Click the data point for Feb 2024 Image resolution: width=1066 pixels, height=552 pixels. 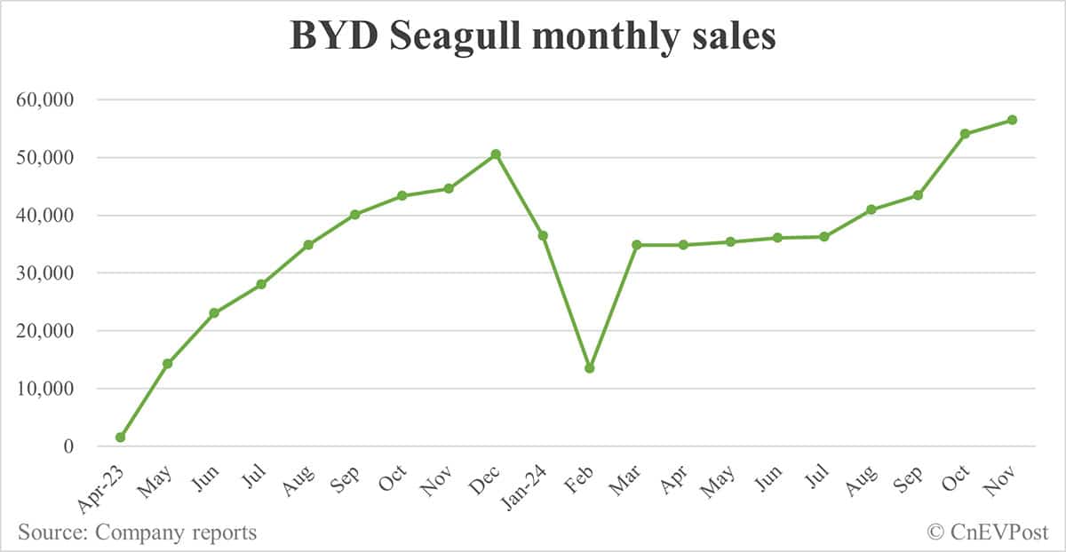pyautogui.click(x=589, y=367)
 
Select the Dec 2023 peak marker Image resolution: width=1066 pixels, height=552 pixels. pyautogui.click(x=496, y=154)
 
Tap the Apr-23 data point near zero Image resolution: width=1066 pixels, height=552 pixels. pyautogui.click(x=120, y=438)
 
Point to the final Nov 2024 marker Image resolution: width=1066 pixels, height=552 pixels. pyautogui.click(x=1012, y=120)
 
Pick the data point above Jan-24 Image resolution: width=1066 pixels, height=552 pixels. pyautogui.click(x=543, y=235)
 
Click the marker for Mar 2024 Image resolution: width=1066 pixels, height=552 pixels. pyautogui.click(x=636, y=244)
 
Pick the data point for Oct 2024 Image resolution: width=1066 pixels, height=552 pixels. pyautogui.click(x=965, y=134)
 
